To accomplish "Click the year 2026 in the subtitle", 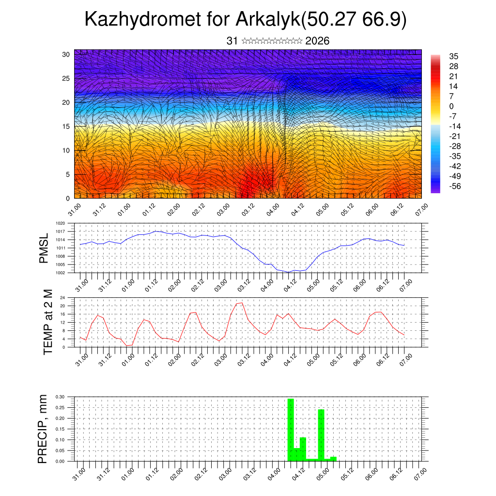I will (x=317, y=41).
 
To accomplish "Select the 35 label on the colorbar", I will (x=453, y=56).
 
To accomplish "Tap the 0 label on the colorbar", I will (x=451, y=106).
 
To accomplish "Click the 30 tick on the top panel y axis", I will (x=66, y=54).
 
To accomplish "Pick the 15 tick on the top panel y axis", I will (x=66, y=126).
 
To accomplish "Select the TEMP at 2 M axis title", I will (x=48, y=322).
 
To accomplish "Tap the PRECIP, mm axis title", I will (x=43, y=429).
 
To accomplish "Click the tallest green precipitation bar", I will (x=291, y=430).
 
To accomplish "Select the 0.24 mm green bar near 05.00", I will (x=321, y=435).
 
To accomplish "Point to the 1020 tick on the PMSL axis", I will (x=60, y=223).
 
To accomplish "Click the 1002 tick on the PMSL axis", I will (x=60, y=273).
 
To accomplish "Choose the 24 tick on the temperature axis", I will (x=62, y=298).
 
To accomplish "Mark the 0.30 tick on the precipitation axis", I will (x=60, y=397).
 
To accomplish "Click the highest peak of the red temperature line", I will (x=241, y=303).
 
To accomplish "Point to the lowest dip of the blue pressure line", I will (x=288, y=272).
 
